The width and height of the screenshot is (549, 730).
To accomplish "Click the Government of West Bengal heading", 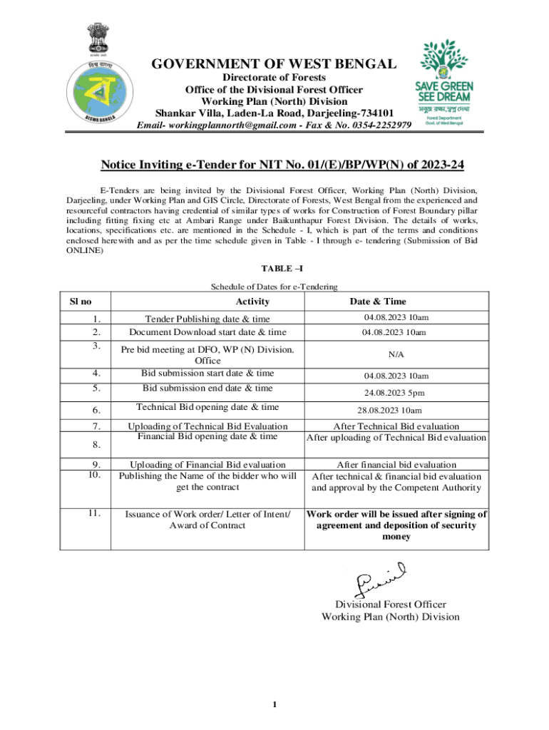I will [x=274, y=64].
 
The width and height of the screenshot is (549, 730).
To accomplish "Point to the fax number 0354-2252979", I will [x=379, y=125].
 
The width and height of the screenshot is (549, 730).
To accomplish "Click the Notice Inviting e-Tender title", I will [x=282, y=165].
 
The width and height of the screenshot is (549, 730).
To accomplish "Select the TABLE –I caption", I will [x=274, y=268].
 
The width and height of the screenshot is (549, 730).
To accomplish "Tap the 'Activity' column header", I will [x=252, y=302].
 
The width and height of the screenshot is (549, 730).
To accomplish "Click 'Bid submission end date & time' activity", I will [x=207, y=388].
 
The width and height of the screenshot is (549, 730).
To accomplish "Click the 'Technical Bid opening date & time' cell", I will [x=207, y=407].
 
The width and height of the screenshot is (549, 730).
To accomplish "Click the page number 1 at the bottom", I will [x=274, y=705].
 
